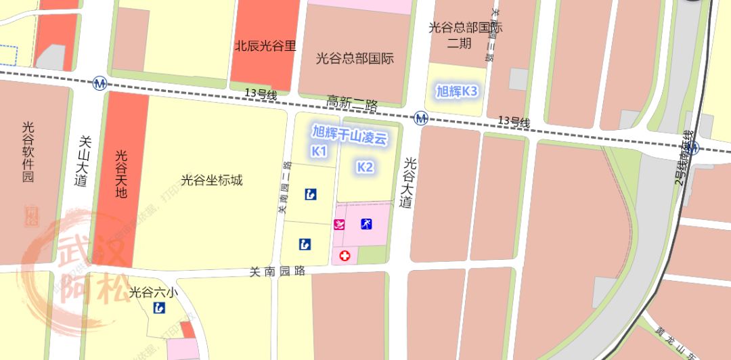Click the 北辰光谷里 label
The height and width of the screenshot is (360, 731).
coord(265,47)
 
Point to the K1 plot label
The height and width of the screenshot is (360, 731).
coord(319,152)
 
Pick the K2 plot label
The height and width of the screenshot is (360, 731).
coord(365,167)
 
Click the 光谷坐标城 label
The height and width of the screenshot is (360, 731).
coord(212,180)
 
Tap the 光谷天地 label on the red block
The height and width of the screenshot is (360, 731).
coord(121,174)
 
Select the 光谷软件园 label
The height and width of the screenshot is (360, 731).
coord(28,153)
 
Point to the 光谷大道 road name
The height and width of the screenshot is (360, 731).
coord(407,183)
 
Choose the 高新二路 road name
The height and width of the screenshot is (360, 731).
coord(352,102)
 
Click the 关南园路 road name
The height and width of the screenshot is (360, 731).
coord(278,271)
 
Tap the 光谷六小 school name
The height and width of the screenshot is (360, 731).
coord(154,293)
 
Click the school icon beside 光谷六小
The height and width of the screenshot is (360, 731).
coord(159,309)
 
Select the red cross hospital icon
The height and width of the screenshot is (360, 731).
coord(345,256)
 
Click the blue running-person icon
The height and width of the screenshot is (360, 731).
coord(366,224)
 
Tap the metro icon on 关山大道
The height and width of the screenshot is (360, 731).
coord(100,83)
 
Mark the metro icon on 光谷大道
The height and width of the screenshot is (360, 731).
coord(422,119)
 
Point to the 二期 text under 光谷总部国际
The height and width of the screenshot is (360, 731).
coord(460,44)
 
